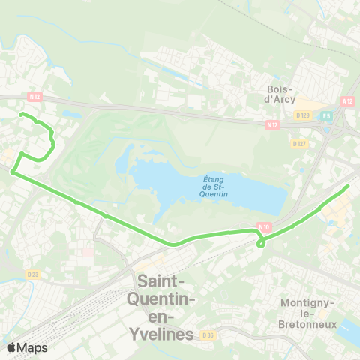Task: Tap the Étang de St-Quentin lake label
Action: pos(216,184)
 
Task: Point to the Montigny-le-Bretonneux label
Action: pos(306,313)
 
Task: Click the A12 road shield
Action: pos(346,101)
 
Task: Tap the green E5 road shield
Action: pos(326,116)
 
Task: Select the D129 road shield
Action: pos(303,115)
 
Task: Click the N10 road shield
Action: pos(263,226)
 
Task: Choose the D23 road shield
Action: pos(32,274)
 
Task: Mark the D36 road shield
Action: pos(208,335)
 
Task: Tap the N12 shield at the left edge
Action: pos(33,95)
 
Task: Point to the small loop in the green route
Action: pos(260,242)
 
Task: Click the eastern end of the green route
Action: pos(348,186)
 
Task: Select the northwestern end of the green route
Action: pos(20,114)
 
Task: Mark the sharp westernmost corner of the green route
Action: pos(12,172)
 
